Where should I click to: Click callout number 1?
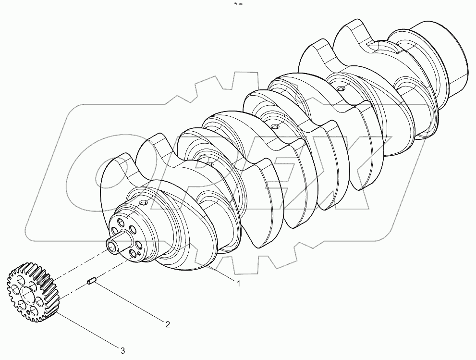coord(238,284)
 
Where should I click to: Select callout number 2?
coord(168,324)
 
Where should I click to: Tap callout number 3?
coord(122,351)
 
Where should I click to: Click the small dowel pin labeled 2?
coord(93,284)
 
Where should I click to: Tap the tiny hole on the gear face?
coord(30,312)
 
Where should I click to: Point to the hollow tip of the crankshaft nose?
coord(112,247)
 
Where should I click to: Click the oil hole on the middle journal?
coord(274,127)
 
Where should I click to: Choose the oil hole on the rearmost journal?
coord(340,89)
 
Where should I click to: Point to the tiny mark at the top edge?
coord(237,4)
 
